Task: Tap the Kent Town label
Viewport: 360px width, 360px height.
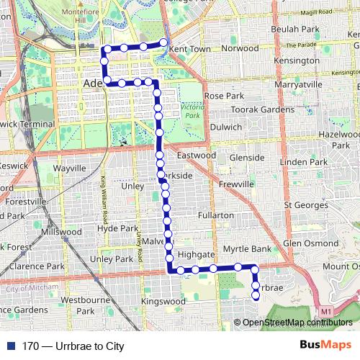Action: pyautogui.click(x=190, y=49)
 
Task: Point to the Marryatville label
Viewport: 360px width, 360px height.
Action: pyautogui.click(x=299, y=84)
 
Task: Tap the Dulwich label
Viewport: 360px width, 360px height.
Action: pyautogui.click(x=225, y=126)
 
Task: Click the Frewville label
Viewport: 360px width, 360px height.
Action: pyautogui.click(x=237, y=184)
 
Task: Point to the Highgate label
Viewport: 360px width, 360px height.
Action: pyautogui.click(x=197, y=255)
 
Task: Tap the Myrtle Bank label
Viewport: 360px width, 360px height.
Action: pyautogui.click(x=246, y=249)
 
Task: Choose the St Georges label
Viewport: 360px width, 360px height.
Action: pyautogui.click(x=307, y=205)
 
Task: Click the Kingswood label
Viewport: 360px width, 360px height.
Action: pyautogui.click(x=163, y=301)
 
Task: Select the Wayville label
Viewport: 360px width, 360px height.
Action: pyautogui.click(x=69, y=168)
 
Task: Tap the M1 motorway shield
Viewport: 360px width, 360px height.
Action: pyautogui.click(x=327, y=310)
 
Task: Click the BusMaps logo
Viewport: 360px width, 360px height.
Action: pyautogui.click(x=325, y=345)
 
